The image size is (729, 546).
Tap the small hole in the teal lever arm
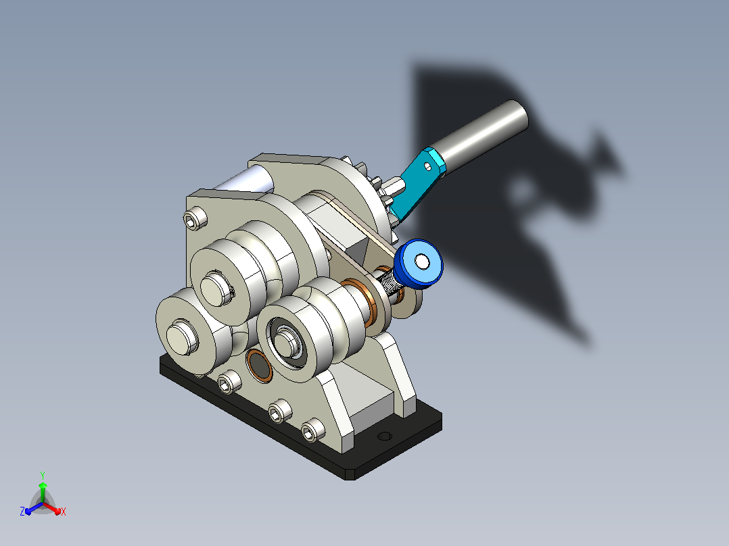click(427, 166)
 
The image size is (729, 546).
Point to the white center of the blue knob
click(422, 262)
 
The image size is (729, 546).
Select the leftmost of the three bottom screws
click(229, 382)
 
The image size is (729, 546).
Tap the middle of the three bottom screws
click(280, 412)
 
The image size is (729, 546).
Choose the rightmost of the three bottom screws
click(313, 430)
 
